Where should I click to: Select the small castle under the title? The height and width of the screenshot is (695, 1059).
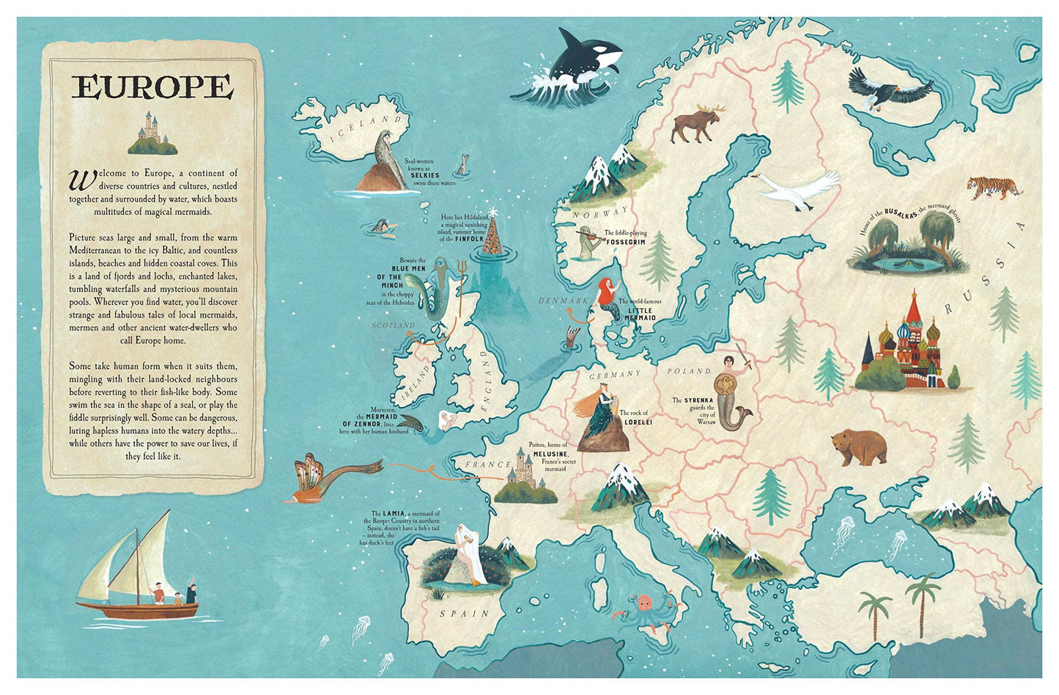tap(152, 133)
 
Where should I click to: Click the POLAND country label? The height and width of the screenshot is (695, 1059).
tap(688, 372)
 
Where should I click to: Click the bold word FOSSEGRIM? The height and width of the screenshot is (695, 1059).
tap(625, 241)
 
